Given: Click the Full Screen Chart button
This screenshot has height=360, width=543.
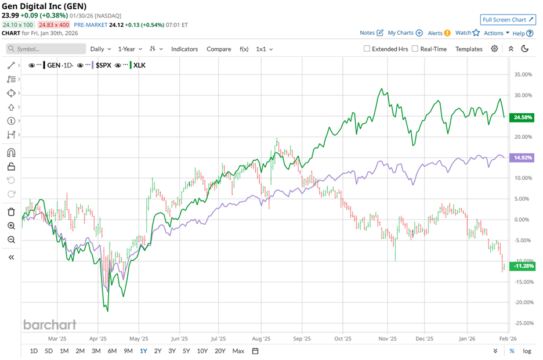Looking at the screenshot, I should coord(508,20).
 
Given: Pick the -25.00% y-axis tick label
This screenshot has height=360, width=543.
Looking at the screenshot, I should coord(524,323).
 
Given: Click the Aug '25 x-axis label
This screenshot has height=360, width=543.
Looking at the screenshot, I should coord(262,338).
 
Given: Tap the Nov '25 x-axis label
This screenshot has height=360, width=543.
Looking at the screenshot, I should coord(387,338).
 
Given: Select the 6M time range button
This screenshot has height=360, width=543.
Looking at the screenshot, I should coord(112,351).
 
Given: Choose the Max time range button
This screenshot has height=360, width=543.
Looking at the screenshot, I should coord(238,351).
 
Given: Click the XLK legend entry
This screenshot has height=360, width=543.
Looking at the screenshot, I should coord(139,65).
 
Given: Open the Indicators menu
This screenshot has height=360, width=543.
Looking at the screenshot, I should coord(184,49).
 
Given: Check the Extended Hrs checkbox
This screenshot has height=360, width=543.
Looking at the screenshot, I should coord(367,49).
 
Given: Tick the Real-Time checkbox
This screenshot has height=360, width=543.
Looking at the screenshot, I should coord(415,49).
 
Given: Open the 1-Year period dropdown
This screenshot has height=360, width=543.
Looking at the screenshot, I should coord(131,49).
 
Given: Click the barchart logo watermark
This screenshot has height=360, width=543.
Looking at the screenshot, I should coord(50,325).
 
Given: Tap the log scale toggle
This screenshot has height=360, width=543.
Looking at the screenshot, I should coord(527,351).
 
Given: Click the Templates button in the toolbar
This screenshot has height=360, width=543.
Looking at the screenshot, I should coord(469,49).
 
